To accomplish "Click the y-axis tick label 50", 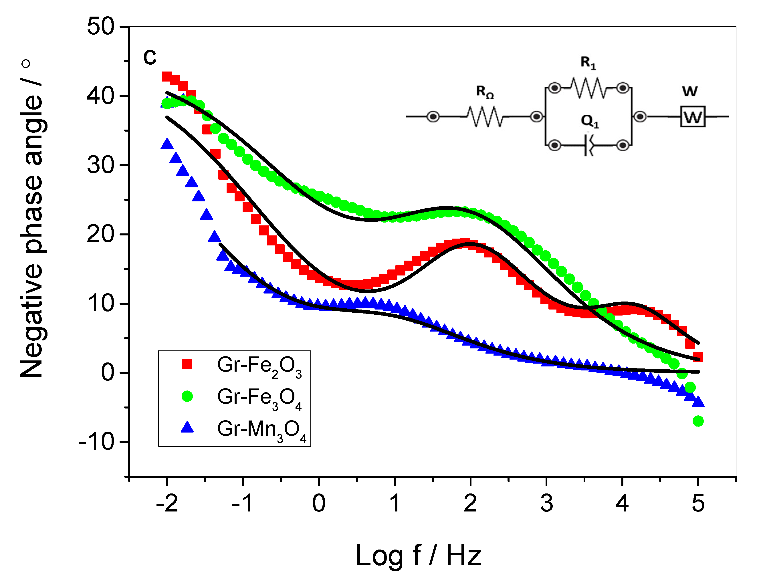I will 100,26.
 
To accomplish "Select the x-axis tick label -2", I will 167,503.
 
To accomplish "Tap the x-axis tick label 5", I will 698,503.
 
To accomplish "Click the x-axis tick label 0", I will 319,503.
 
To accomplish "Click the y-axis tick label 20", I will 100,234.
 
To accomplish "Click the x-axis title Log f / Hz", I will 419,556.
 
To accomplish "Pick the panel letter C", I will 150,57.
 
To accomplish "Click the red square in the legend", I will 187,364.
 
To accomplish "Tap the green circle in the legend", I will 187,396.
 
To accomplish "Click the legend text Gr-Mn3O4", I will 262,430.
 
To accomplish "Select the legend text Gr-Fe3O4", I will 259,398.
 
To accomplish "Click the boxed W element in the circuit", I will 692,117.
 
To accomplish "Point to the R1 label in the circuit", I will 588,63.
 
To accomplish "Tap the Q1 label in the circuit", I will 590,121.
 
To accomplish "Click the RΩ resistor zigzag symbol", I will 485,117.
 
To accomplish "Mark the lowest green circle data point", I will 698,421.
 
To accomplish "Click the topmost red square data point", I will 167,77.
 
